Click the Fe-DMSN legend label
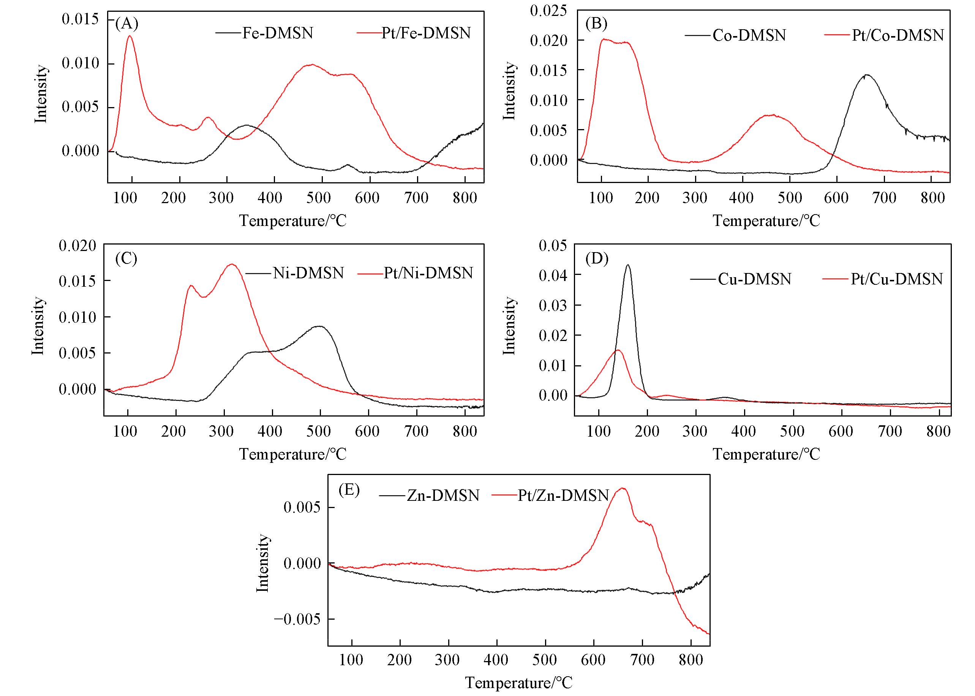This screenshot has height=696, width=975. (x=278, y=33)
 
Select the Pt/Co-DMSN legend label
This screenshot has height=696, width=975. (x=898, y=35)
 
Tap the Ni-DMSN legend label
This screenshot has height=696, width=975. (x=308, y=273)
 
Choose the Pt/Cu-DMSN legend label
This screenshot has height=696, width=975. (x=897, y=279)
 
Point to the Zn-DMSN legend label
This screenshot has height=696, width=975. (x=443, y=496)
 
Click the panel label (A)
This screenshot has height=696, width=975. (x=127, y=24)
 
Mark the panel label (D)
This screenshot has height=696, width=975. (x=597, y=259)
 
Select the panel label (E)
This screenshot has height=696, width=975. (x=349, y=489)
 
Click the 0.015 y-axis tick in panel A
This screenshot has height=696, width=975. (x=80, y=19)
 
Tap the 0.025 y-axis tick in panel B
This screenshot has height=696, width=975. (x=548, y=10)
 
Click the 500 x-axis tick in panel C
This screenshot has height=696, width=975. (x=318, y=431)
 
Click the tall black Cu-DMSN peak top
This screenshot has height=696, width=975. (x=628, y=265)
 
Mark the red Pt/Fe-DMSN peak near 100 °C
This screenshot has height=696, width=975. (x=130, y=36)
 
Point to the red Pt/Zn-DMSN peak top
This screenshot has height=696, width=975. (x=623, y=488)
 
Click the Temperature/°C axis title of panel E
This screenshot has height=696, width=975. (x=518, y=682)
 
